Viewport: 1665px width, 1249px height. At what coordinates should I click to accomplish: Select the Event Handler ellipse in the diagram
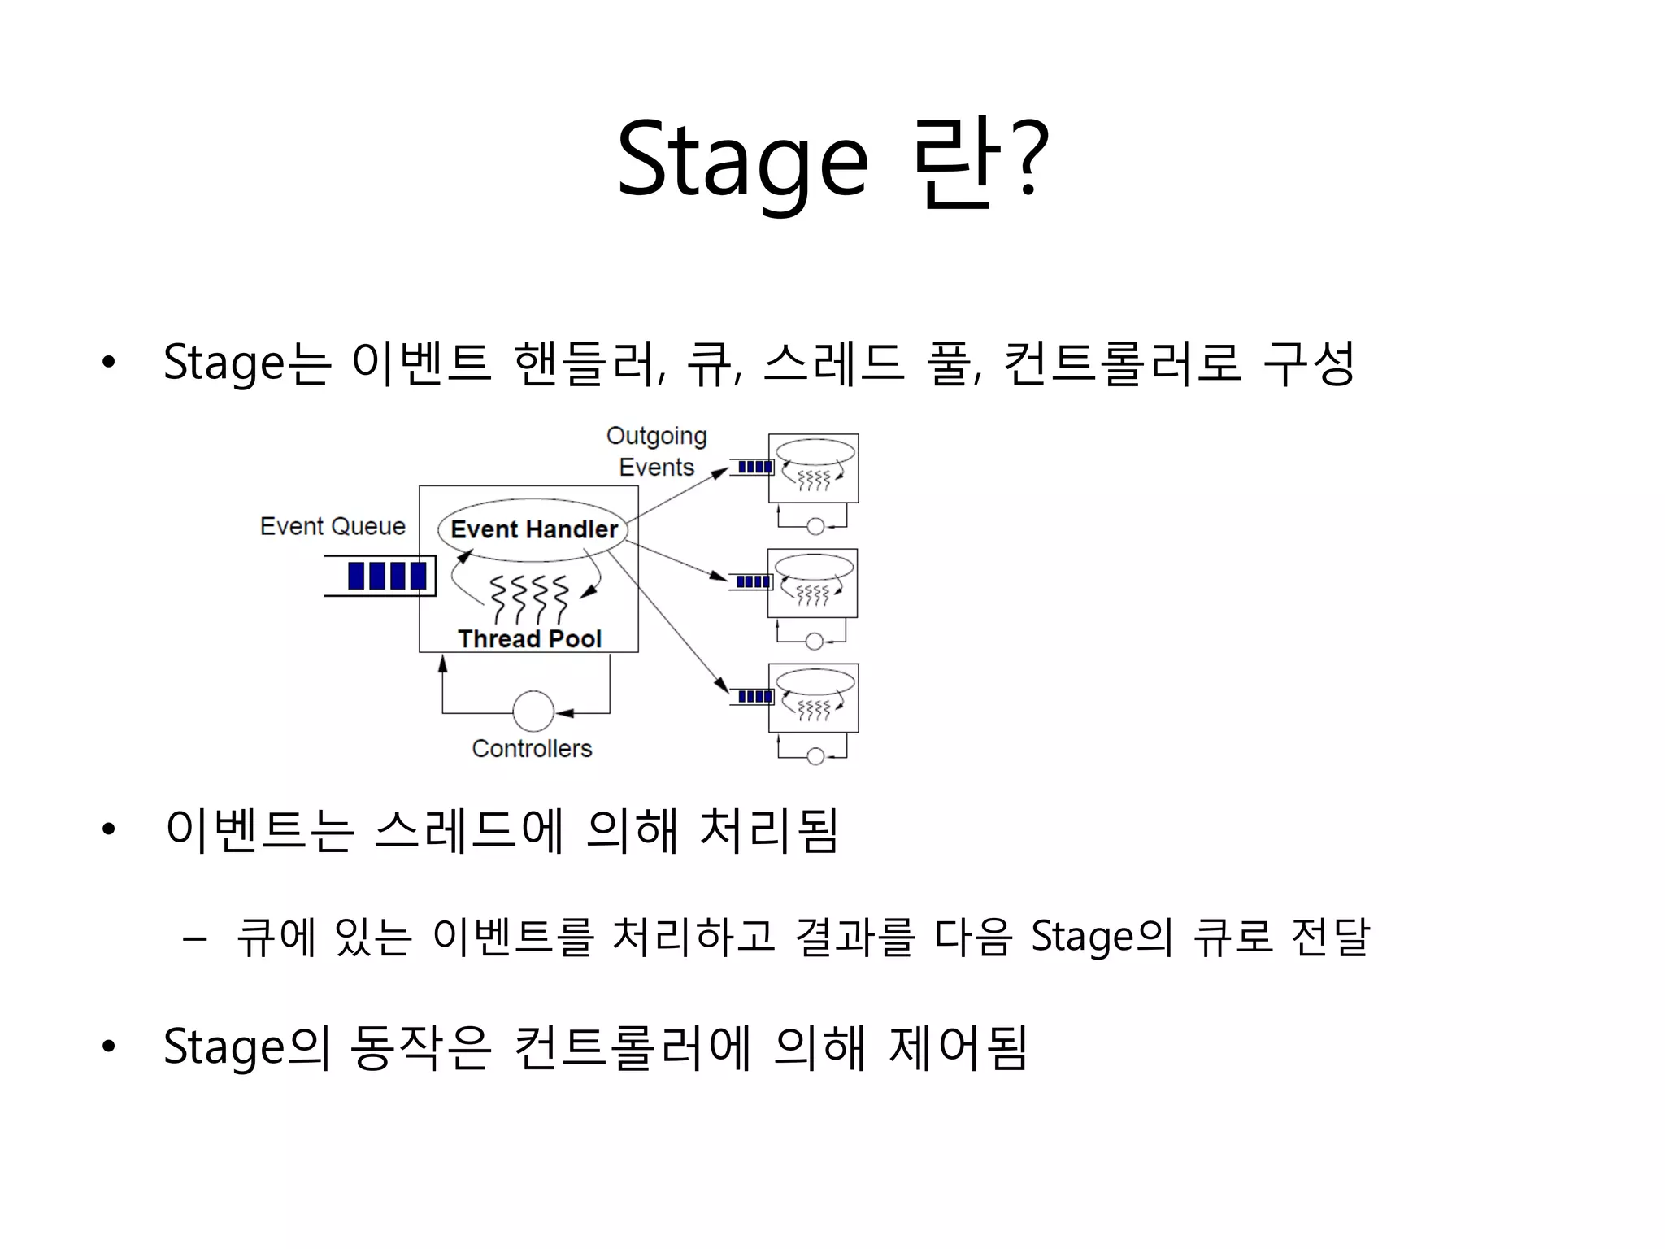[533, 529]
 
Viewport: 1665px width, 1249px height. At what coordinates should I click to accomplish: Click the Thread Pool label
[529, 639]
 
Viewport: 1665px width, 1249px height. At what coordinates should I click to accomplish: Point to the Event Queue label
[333, 526]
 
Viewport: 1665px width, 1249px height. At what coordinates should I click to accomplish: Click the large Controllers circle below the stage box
[533, 712]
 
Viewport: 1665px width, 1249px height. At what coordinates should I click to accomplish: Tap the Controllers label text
[532, 748]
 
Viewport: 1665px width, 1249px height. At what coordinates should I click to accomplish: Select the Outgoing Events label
[657, 451]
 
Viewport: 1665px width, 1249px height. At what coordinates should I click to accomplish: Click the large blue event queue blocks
[387, 576]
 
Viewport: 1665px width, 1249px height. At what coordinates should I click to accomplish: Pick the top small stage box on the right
[814, 468]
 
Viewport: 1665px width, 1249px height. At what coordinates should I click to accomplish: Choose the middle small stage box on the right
[813, 583]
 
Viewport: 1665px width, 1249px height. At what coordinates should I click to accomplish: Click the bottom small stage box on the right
[814, 698]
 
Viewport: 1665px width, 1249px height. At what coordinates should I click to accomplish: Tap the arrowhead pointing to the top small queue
[719, 472]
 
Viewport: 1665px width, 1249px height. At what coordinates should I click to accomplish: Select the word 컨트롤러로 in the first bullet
[1122, 363]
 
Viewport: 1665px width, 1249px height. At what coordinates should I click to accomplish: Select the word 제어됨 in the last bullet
[959, 1047]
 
